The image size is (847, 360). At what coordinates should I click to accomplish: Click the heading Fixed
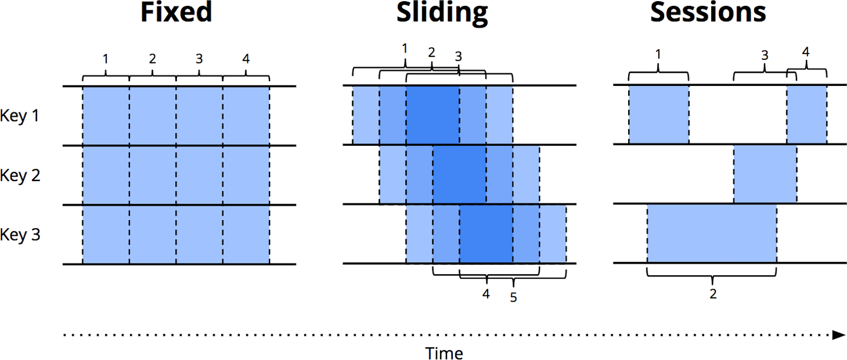click(176, 13)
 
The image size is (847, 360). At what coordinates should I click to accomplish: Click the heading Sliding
click(442, 13)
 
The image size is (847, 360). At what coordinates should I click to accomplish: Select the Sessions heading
click(708, 13)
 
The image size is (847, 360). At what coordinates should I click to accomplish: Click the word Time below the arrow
click(444, 352)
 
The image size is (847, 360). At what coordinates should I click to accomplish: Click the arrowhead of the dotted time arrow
click(839, 335)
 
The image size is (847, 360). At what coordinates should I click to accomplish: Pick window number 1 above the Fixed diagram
click(105, 59)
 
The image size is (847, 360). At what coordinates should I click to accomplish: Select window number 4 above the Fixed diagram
click(245, 59)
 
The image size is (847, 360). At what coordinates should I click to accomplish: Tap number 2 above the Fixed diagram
click(152, 59)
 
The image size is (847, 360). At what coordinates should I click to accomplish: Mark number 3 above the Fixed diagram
click(199, 59)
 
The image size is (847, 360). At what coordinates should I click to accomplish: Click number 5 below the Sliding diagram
click(513, 298)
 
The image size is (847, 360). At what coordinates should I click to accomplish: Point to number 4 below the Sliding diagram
click(486, 294)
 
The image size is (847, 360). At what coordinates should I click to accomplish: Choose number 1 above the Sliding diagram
click(405, 48)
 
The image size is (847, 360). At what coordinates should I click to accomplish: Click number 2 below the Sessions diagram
click(713, 294)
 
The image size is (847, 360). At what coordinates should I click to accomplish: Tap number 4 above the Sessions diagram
click(805, 52)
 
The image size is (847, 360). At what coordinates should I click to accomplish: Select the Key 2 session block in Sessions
click(765, 174)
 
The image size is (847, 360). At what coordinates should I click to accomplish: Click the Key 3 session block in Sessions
click(712, 234)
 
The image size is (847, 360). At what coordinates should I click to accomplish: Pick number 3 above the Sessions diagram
click(765, 56)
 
